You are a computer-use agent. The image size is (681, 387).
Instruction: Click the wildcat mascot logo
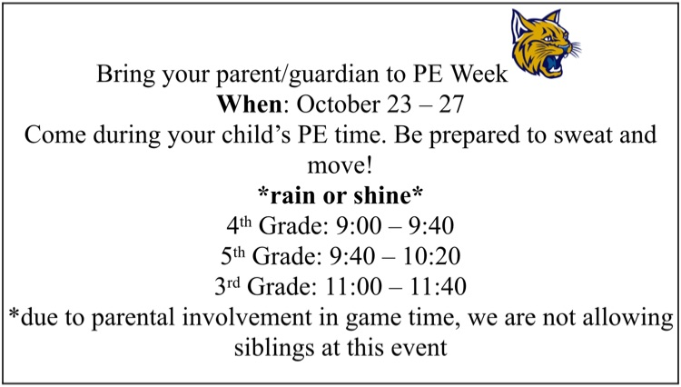(x=546, y=44)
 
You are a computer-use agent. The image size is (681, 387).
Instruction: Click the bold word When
(x=250, y=104)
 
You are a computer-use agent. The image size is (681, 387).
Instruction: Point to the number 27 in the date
(x=451, y=104)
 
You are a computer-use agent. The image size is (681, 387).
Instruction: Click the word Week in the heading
(x=479, y=74)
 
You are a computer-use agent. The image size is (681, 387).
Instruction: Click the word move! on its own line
(x=340, y=165)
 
